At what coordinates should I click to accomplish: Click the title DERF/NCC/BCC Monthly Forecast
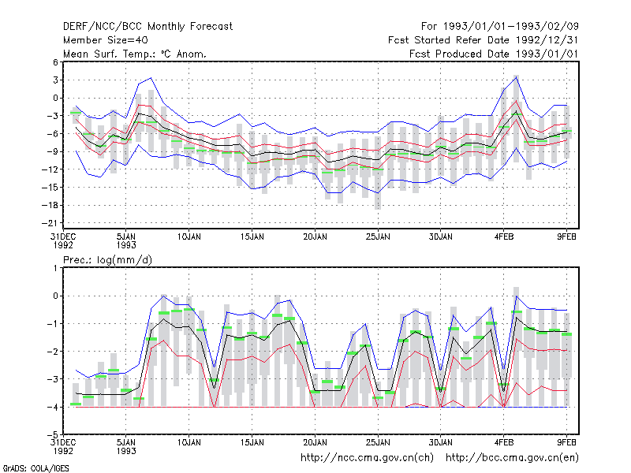click(x=147, y=27)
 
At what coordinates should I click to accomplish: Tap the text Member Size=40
click(x=106, y=40)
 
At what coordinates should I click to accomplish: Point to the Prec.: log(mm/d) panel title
click(x=107, y=260)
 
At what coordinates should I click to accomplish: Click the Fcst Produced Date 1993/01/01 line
click(x=494, y=54)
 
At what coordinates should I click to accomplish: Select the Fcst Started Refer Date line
click(x=483, y=40)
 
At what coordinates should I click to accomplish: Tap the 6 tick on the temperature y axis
click(x=55, y=62)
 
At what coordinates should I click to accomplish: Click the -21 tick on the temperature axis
click(x=50, y=223)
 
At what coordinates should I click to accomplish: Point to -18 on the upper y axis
click(x=50, y=205)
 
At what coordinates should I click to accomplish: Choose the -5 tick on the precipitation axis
click(x=53, y=434)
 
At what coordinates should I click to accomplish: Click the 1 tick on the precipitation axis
click(x=55, y=268)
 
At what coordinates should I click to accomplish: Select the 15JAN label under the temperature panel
click(x=252, y=236)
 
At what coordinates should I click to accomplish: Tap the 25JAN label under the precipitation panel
click(x=378, y=442)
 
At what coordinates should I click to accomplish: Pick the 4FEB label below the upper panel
click(x=504, y=236)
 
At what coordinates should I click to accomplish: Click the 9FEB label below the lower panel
click(x=566, y=442)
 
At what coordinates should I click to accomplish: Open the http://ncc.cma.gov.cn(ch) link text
click(x=367, y=458)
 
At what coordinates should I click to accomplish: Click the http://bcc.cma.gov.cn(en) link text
click(x=512, y=458)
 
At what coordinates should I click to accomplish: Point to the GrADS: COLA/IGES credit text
click(x=35, y=468)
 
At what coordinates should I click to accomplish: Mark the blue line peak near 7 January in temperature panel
click(x=151, y=77)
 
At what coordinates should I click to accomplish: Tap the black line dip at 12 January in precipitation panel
click(x=214, y=388)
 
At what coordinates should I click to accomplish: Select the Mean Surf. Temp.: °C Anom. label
click(x=135, y=54)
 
